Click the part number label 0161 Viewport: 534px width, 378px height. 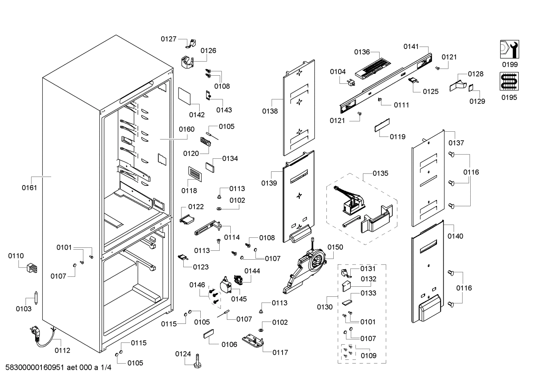[x=29, y=188]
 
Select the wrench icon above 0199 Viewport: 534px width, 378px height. [x=510, y=49]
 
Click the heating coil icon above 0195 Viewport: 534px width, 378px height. [x=509, y=82]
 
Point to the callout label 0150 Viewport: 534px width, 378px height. [x=335, y=247]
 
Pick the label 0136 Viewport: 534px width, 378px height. [x=362, y=52]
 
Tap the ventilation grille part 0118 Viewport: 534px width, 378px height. [x=195, y=174]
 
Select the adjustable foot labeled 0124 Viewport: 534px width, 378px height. [x=197, y=361]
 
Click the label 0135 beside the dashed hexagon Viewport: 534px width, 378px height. [x=380, y=173]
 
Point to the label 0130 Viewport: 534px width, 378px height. [x=325, y=307]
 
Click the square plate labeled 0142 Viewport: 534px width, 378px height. [x=184, y=96]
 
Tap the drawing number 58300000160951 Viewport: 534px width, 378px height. [x=35, y=367]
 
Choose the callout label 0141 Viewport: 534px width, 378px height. [x=411, y=47]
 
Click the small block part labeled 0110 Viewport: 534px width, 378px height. [x=32, y=268]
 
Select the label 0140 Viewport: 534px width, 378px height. [x=455, y=236]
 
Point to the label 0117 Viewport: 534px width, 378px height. [x=280, y=352]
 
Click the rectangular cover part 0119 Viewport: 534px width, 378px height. [x=382, y=125]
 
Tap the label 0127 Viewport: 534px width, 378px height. [x=168, y=39]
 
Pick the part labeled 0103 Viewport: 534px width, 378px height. [x=36, y=298]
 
